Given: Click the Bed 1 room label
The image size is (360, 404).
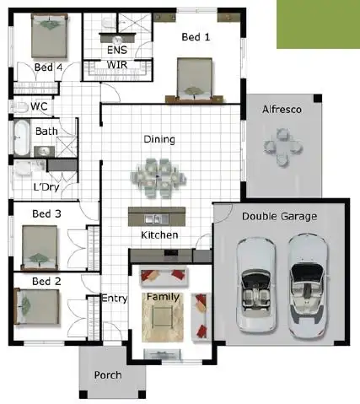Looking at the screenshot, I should tap(196, 37).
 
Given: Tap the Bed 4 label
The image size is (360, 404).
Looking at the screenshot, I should tap(49, 67).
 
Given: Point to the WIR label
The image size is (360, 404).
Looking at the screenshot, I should tap(116, 64).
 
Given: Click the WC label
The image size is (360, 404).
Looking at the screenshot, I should tap(39, 107).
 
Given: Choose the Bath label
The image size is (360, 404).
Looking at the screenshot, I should tap(46, 132).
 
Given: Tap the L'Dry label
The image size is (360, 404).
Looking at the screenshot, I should tap(47, 187).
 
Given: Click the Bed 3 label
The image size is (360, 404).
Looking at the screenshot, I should tap(46, 214).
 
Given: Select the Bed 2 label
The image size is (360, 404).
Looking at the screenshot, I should tap(46, 280).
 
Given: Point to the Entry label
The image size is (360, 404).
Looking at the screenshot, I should tap(114, 299).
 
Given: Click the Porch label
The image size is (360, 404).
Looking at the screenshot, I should tap(108, 374).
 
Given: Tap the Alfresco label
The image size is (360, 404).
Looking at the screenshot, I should tap(282, 110).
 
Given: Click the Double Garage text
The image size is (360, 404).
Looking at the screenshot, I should tap(279, 217).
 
